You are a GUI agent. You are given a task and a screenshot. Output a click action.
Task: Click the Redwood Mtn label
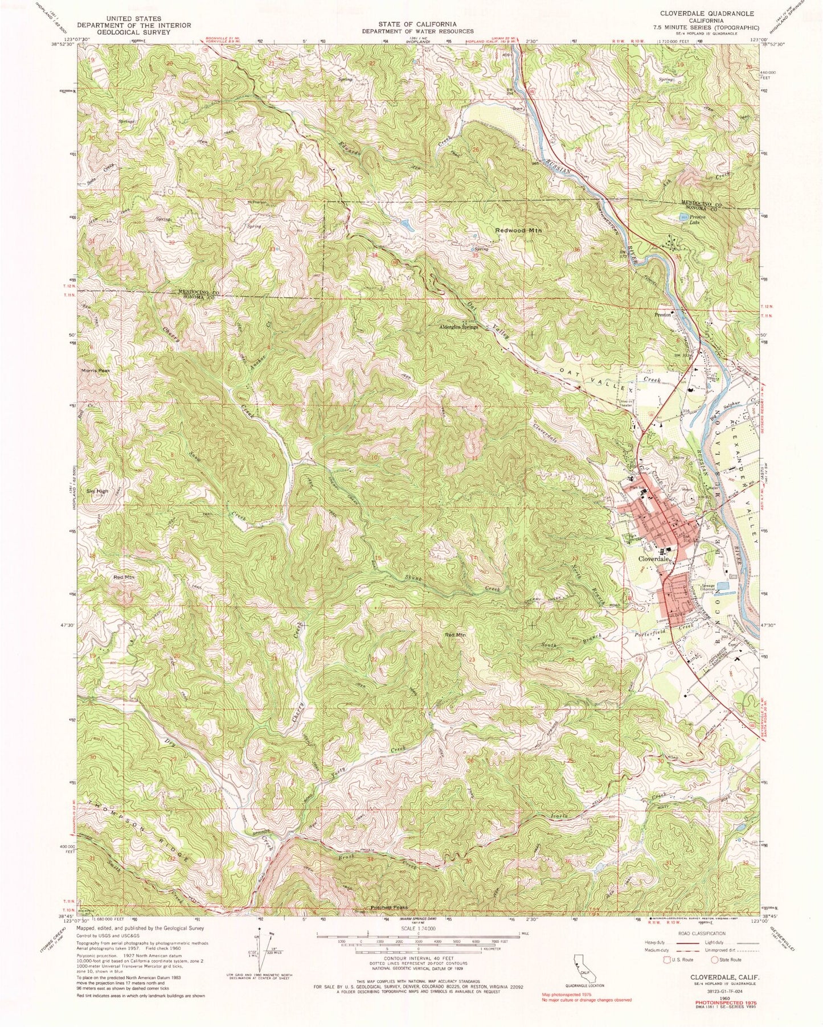518,231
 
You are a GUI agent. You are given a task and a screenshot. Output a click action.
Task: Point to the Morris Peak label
94,371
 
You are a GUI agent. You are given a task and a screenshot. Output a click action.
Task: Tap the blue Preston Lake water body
683,216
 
